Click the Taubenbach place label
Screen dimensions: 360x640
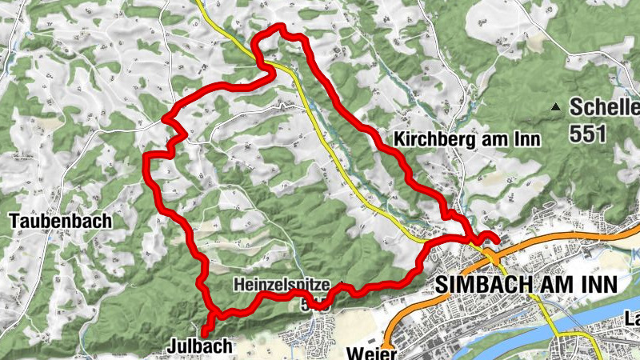pyautogui.click(x=61, y=220)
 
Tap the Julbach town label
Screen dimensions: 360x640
pyautogui.click(x=200, y=346)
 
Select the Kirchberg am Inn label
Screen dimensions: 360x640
pyautogui.click(x=468, y=138)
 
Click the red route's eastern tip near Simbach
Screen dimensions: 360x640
pyautogui.click(x=497, y=239)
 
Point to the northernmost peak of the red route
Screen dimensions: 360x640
pyautogui.click(x=282, y=28)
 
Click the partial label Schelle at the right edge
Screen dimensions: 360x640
pyautogui.click(x=604, y=107)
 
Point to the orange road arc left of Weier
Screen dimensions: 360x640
pyautogui.click(x=392, y=328)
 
